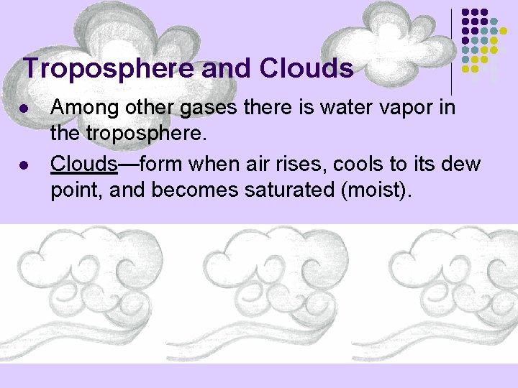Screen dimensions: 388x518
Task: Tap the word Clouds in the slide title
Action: (306, 69)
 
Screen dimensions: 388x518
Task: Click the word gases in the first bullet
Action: (210, 108)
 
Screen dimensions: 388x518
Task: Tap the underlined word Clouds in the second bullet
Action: (83, 164)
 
